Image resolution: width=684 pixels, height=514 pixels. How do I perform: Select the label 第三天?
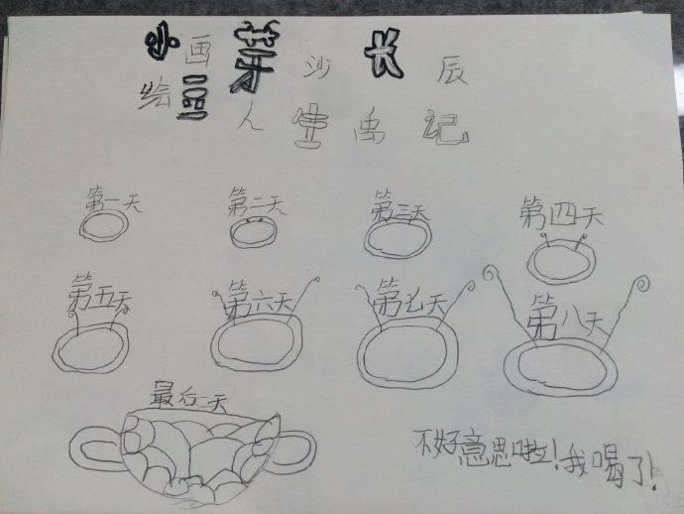click(x=399, y=211)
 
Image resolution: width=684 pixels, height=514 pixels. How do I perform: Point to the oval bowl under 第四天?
click(x=561, y=261)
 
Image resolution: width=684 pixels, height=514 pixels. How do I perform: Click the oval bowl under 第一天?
click(x=101, y=227)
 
